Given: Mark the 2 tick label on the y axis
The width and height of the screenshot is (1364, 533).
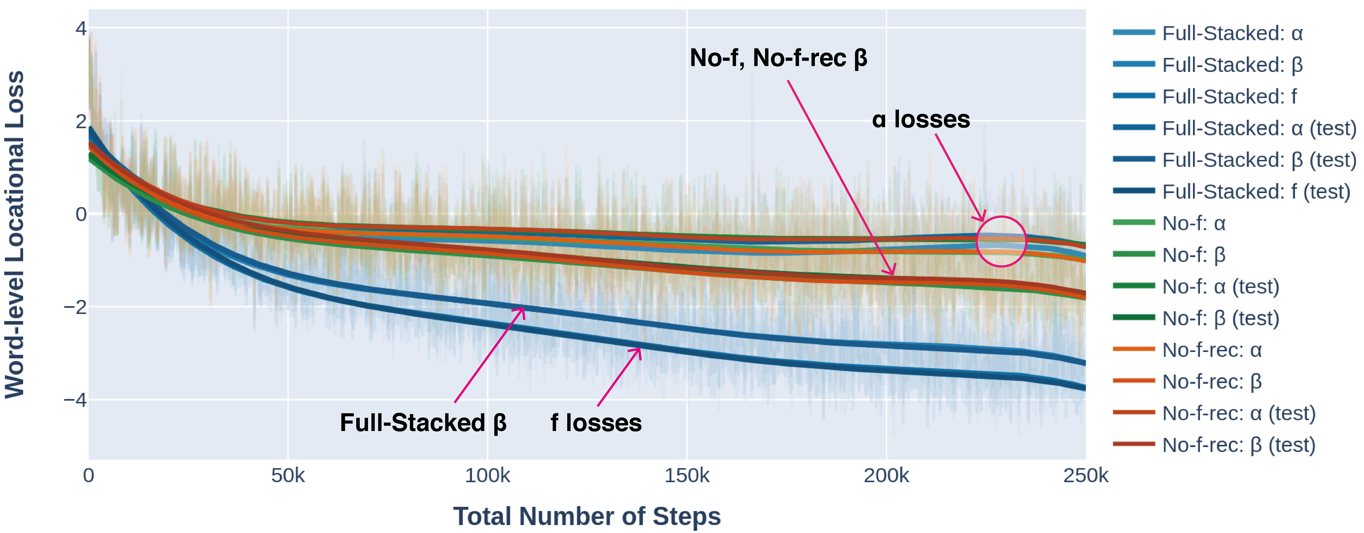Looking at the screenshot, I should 81,121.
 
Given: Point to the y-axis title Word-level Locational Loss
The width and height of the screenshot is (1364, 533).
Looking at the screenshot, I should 15,234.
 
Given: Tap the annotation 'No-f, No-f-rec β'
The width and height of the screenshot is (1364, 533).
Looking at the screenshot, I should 778,58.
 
